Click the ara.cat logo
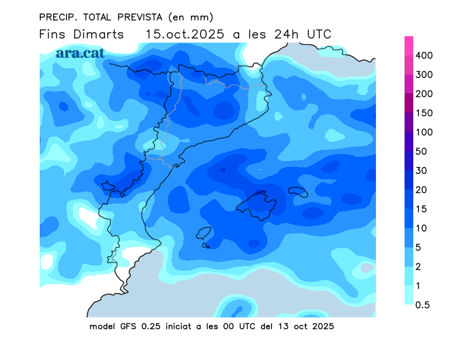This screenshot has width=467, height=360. pyautogui.click(x=80, y=53)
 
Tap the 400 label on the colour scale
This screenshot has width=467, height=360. pyautogui.click(x=432, y=55)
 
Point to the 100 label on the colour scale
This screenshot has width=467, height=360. pyautogui.click(x=432, y=132)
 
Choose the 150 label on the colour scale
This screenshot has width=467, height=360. pyautogui.click(x=432, y=113)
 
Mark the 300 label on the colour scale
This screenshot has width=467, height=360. pyautogui.click(x=432, y=75)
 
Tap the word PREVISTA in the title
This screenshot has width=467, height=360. pyautogui.click(x=136, y=17)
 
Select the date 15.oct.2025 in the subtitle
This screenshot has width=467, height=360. pyautogui.click(x=185, y=34)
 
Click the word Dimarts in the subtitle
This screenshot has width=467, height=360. pyautogui.click(x=99, y=34)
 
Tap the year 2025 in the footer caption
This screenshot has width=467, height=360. pyautogui.click(x=322, y=326)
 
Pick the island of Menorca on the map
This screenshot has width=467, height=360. pyautogui.click(x=298, y=192)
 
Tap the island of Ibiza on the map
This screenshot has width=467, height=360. pyautogui.click(x=203, y=233)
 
